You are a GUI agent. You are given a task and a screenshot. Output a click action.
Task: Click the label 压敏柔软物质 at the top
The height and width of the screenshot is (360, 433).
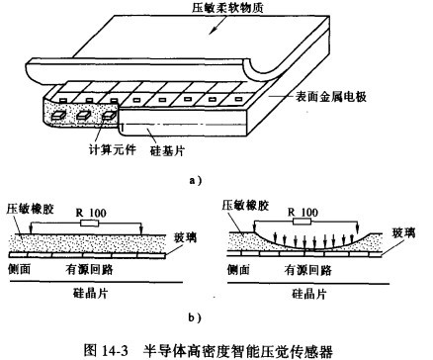(x=228, y=7)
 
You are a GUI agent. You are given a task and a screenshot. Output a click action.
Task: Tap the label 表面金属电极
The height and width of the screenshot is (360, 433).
(x=330, y=97)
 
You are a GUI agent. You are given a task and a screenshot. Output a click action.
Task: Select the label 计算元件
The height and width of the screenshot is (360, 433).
(x=113, y=149)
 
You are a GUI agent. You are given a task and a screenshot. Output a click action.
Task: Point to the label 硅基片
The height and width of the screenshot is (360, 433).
(x=167, y=150)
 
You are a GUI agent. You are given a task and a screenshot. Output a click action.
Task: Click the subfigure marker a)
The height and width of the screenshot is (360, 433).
(x=196, y=180)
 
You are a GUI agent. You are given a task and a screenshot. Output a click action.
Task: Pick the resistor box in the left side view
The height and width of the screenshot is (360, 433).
(x=90, y=224)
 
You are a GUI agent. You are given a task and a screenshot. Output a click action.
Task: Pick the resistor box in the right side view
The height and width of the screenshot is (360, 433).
(x=302, y=222)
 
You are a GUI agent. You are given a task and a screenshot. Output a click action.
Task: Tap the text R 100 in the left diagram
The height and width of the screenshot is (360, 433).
(x=91, y=213)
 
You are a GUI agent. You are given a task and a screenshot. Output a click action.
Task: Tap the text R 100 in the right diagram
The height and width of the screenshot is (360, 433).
(x=303, y=212)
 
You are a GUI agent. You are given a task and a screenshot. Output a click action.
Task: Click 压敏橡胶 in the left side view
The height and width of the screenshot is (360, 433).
(x=30, y=209)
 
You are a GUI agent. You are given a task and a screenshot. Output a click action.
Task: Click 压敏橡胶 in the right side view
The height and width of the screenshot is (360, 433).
(x=245, y=205)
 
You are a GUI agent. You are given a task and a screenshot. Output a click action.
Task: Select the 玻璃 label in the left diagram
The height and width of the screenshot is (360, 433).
(x=186, y=237)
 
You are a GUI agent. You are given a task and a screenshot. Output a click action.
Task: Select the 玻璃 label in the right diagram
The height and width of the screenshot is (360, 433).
(x=403, y=233)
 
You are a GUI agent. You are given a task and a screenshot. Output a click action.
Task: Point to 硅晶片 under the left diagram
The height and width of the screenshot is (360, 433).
(x=90, y=293)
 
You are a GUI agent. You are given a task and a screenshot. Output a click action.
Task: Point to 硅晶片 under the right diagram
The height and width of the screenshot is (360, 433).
(x=308, y=294)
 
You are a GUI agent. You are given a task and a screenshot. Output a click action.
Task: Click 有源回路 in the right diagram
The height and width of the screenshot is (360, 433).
(x=307, y=270)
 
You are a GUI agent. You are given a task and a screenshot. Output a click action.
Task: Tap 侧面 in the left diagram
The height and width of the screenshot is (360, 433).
(x=19, y=269)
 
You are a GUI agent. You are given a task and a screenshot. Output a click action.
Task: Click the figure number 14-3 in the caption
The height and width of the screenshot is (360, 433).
(x=115, y=351)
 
